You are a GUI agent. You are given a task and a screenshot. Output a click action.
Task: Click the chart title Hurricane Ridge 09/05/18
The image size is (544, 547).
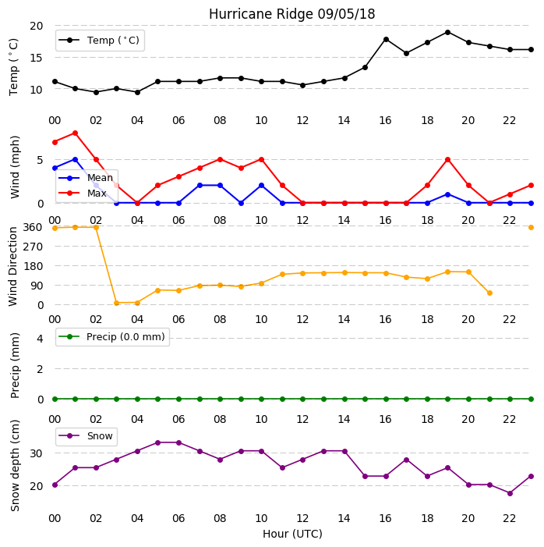pyautogui.click(x=291, y=14)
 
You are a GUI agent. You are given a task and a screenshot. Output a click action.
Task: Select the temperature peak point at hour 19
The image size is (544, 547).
pyautogui.click(x=448, y=33)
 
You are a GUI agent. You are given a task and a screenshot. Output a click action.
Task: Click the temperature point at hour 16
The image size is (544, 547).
pyautogui.click(x=386, y=40)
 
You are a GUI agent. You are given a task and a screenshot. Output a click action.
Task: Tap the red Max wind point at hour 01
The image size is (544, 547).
pyautogui.click(x=75, y=133)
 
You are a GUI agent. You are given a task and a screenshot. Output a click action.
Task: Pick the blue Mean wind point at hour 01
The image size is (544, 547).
pyautogui.click(x=75, y=159)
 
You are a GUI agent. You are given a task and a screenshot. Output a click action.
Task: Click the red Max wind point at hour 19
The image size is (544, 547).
pyautogui.click(x=448, y=159)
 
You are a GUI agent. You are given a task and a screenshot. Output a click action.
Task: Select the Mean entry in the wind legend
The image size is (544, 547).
pyautogui.click(x=86, y=178)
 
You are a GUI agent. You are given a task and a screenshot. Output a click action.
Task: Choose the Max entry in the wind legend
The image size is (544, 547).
pyautogui.click(x=83, y=193)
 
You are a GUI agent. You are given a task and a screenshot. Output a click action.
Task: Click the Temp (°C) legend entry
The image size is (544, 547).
pyautogui.click(x=99, y=41)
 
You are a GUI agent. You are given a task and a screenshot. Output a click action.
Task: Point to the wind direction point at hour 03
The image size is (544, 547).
pyautogui.click(x=116, y=303)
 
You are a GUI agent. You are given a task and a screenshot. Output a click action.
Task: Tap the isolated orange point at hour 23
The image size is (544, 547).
pyautogui.click(x=531, y=227)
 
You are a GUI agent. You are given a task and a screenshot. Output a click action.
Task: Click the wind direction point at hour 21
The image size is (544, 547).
pyautogui.click(x=489, y=293)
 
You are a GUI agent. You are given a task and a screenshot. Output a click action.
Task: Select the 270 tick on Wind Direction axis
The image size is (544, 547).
pyautogui.click(x=33, y=247)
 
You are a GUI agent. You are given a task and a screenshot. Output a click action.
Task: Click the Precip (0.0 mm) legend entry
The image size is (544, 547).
pyautogui.click(x=111, y=336)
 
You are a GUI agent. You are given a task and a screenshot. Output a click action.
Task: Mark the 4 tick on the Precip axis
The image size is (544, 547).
pyautogui.click(x=40, y=339)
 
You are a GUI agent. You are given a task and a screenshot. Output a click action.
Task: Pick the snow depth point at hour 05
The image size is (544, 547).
pyautogui.click(x=157, y=442)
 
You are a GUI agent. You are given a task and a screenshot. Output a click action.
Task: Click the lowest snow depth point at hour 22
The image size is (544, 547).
pyautogui.click(x=510, y=493)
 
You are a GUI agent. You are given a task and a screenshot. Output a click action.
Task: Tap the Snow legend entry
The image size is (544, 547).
pyautogui.click(x=86, y=436)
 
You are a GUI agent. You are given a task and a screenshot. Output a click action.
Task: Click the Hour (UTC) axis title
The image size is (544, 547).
pyautogui.click(x=292, y=534)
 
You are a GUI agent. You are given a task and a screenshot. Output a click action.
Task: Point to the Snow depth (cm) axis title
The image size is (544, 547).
pyautogui.click(x=15, y=466)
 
